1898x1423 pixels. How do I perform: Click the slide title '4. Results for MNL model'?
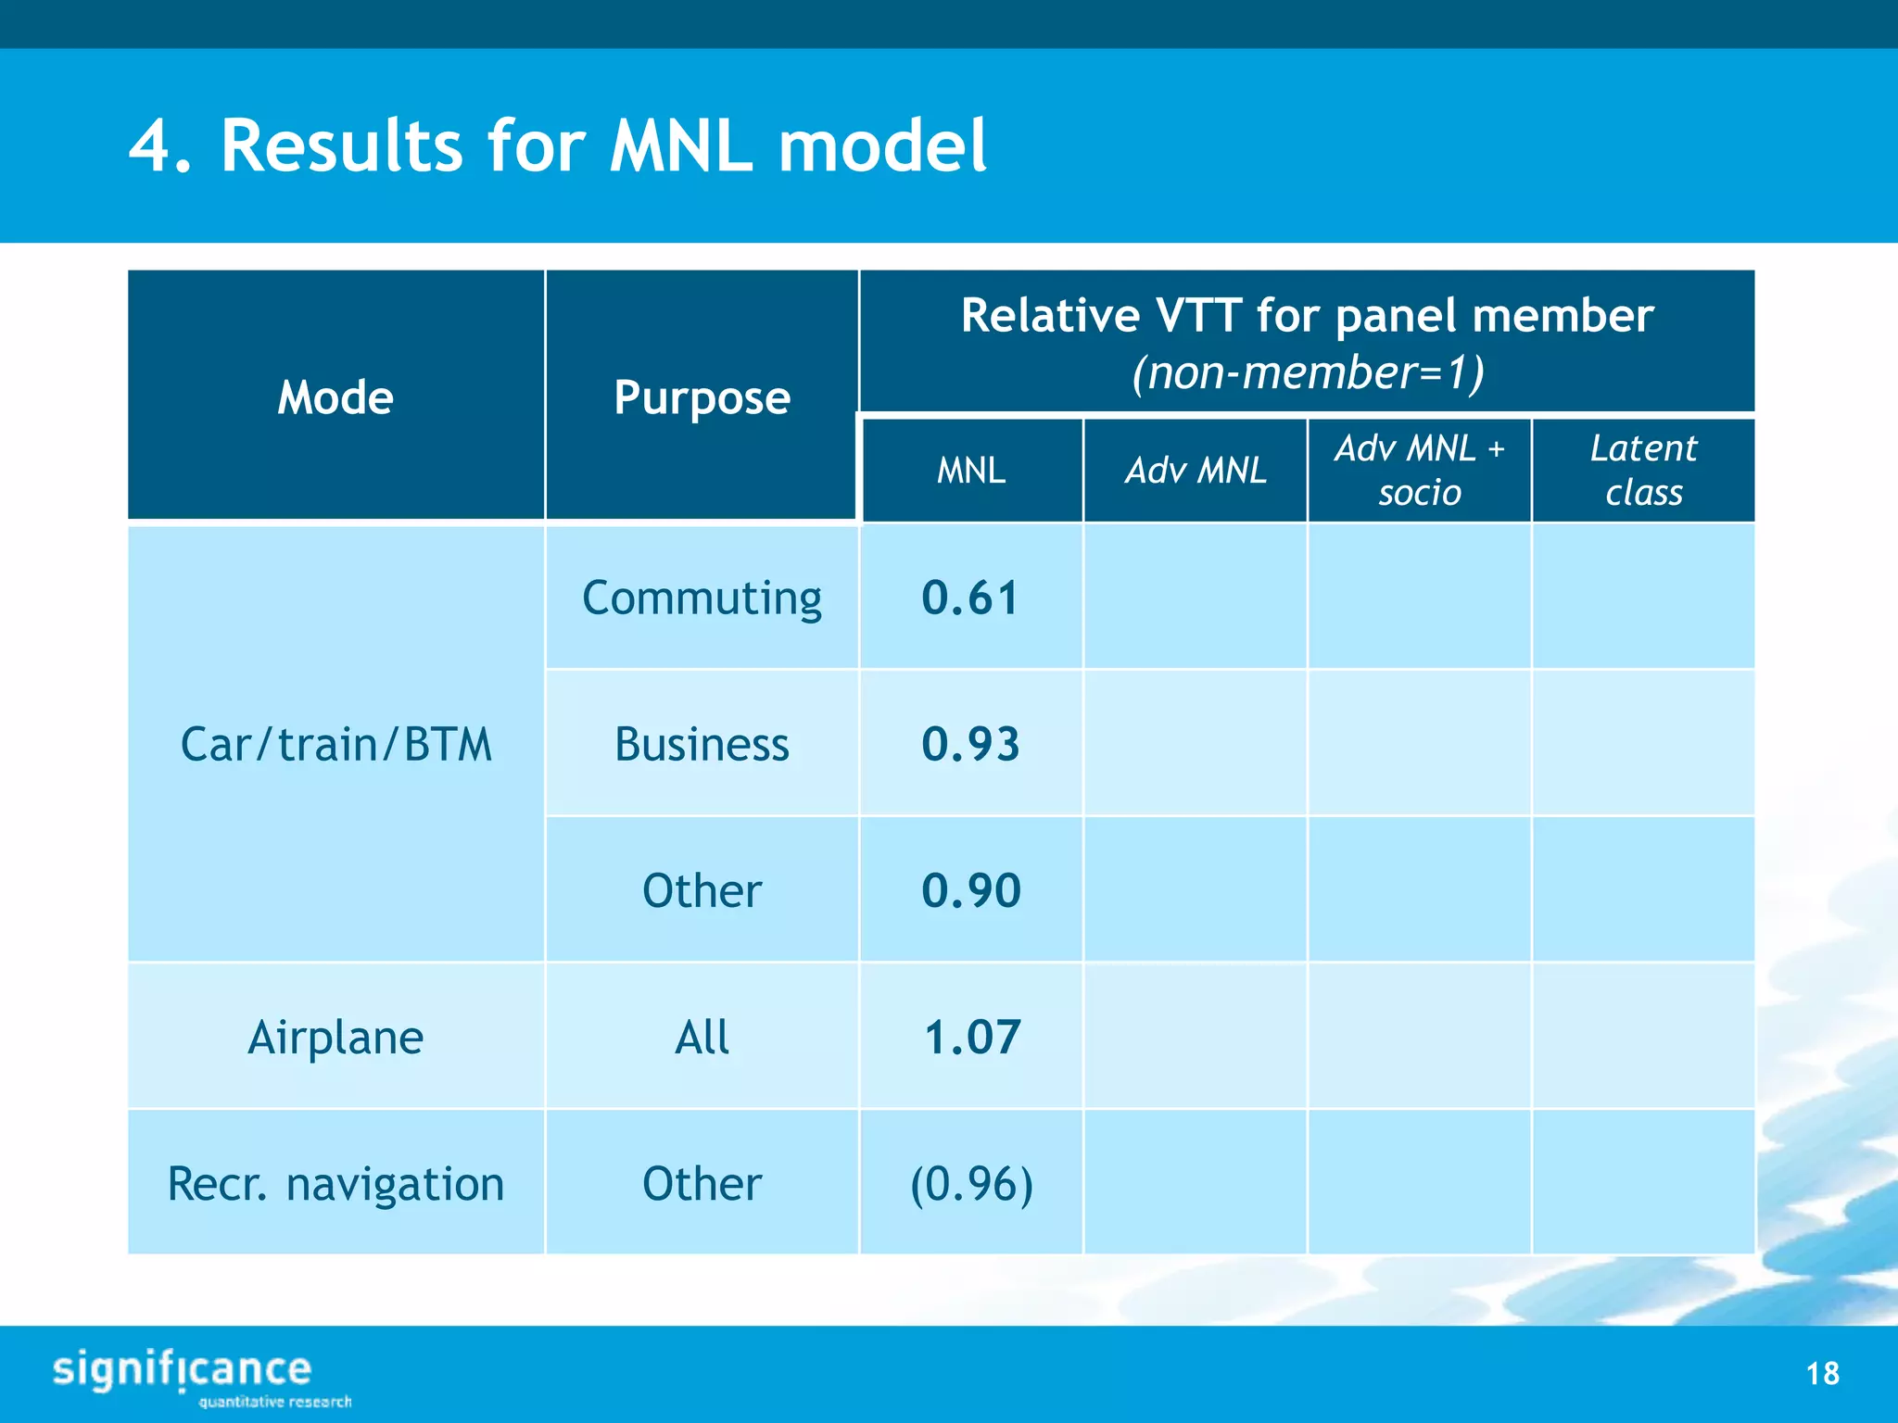558,145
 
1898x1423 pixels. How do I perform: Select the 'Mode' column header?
335,397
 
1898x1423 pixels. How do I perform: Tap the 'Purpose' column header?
702,397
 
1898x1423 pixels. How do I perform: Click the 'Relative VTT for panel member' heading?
1307,316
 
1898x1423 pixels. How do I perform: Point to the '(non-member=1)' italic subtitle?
1307,372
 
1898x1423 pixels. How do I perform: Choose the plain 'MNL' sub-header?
970,471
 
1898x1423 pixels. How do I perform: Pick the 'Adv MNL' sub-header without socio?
1196,471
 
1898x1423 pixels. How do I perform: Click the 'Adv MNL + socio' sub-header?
1419,471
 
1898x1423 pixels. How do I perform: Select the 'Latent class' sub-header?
1643,471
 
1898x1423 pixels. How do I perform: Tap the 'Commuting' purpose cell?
702,598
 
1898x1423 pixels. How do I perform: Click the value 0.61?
970,598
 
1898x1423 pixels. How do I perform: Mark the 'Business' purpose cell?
702,744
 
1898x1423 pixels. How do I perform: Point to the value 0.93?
970,744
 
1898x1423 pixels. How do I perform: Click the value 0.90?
970,890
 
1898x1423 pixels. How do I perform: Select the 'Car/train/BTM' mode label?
335,744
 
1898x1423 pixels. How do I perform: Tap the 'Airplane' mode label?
335,1037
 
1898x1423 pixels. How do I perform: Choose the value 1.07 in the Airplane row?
972,1037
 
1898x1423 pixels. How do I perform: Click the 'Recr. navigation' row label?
335,1183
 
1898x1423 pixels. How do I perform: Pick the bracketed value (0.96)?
971,1183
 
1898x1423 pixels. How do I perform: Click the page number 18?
1822,1373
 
